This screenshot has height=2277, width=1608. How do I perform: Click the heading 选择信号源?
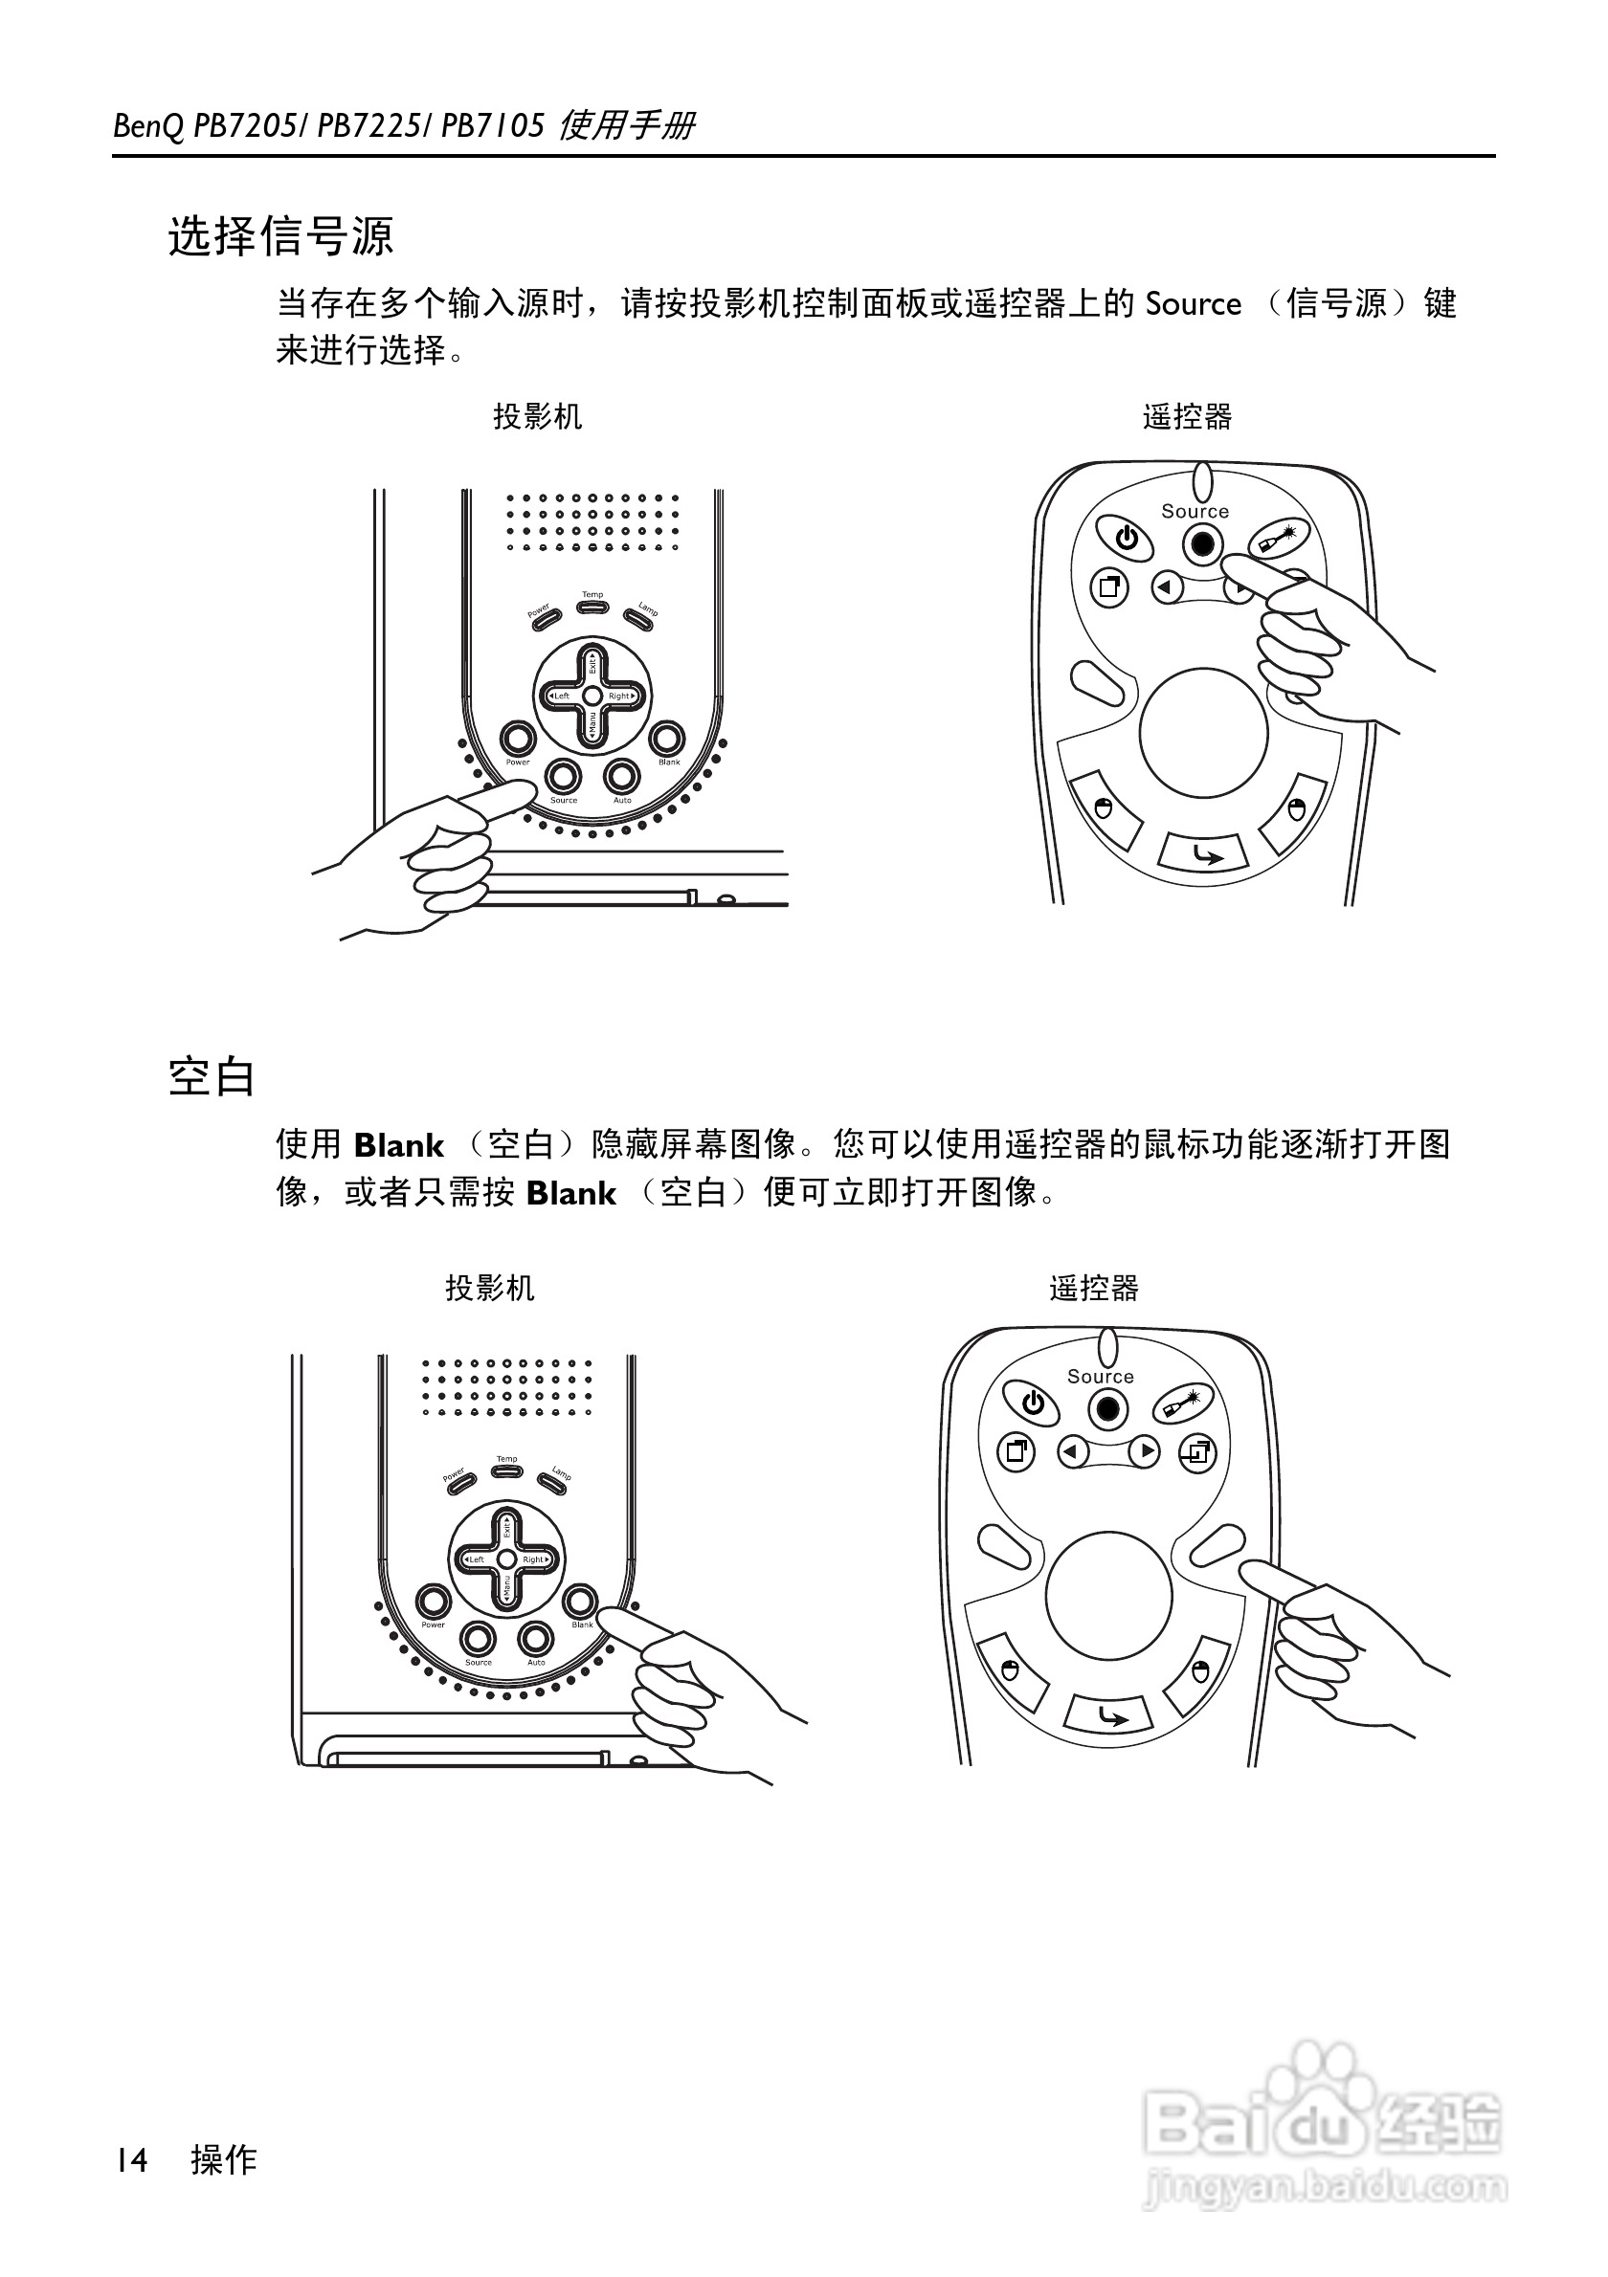[280, 237]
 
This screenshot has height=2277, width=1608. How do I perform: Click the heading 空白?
[212, 1077]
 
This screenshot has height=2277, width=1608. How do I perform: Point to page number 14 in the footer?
[131, 2159]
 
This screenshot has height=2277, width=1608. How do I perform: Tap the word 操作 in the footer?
[224, 2159]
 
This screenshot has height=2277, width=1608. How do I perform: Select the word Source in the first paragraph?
[1193, 303]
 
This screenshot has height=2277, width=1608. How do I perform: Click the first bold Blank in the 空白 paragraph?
[399, 1145]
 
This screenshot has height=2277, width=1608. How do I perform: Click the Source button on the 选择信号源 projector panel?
[564, 775]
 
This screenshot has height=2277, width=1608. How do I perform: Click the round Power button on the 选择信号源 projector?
[517, 739]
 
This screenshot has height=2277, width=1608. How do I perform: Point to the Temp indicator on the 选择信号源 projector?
[592, 605]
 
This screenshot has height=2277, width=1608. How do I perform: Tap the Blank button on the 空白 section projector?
[580, 1602]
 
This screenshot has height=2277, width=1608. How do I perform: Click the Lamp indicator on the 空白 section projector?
[550, 1484]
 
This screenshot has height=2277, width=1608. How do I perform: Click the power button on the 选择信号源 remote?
[1125, 541]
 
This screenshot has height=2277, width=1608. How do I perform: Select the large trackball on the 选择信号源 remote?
[1203, 733]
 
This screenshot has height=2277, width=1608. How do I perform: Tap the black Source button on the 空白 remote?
[1108, 1409]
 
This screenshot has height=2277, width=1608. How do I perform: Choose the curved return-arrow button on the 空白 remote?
[1109, 1714]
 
